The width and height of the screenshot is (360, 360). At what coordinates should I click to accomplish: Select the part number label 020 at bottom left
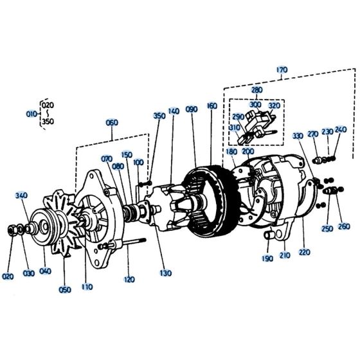[8, 276]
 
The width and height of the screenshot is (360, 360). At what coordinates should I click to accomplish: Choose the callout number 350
[159, 116]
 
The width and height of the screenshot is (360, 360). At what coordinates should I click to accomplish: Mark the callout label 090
[192, 110]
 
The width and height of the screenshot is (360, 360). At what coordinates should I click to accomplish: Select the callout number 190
[265, 259]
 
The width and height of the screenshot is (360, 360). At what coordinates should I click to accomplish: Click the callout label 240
[340, 129]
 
